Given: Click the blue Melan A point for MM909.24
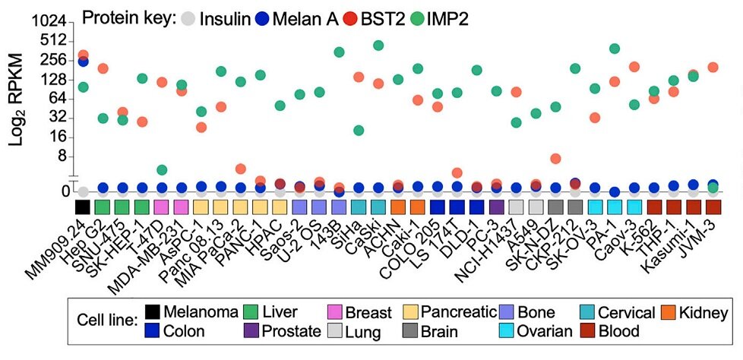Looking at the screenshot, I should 84,62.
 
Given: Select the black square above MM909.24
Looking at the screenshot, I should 84,207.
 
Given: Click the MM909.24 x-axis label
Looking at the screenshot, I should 61,243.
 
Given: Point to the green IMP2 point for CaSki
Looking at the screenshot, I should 378,46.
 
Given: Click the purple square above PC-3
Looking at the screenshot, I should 497,207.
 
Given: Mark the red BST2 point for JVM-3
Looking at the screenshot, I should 713,68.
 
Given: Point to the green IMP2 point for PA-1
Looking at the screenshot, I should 615,49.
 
